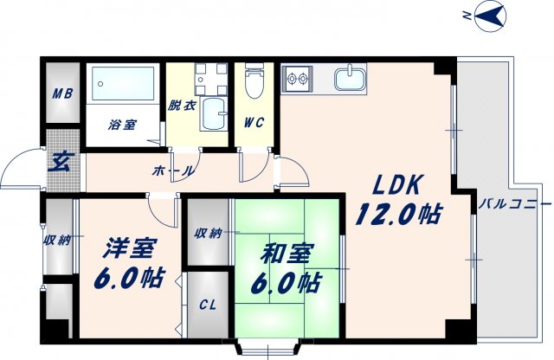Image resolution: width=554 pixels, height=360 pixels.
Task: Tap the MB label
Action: pyautogui.click(x=62, y=94)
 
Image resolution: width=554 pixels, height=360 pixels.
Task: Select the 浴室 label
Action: pyautogui.click(x=122, y=125)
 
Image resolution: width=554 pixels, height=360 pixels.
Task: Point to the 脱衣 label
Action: pyautogui.click(x=182, y=106)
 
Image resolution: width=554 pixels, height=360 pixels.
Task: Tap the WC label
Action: pyautogui.click(x=254, y=121)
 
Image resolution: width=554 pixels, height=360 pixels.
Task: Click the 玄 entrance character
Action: pyautogui.click(x=62, y=160)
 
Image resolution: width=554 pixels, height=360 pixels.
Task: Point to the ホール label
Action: pyautogui.click(x=172, y=171)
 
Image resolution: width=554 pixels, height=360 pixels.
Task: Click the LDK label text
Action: pyautogui.click(x=397, y=184)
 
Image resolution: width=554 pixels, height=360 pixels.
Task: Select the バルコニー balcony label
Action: pyautogui.click(x=514, y=204)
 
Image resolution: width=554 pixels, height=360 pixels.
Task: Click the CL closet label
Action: pyautogui.click(x=208, y=305)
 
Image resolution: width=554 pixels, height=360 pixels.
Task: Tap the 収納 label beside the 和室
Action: pyautogui.click(x=208, y=232)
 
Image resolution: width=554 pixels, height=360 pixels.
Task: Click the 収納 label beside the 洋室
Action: pyautogui.click(x=58, y=240)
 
